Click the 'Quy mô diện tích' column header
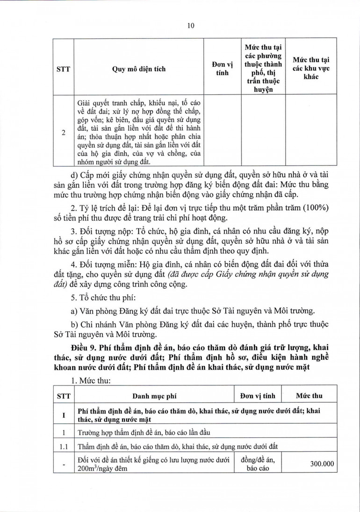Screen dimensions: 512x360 (x=139, y=69)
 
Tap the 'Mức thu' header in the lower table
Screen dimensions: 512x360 (x=309, y=396)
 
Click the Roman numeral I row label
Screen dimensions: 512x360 (x=63, y=414)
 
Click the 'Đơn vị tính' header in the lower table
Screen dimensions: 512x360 (x=259, y=396)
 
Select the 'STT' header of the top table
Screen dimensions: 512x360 (x=63, y=69)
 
